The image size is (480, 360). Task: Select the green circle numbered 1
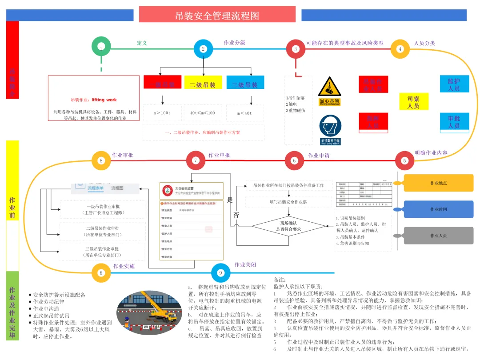101,47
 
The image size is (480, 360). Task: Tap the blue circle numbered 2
203,49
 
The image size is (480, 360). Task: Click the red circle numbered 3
296,49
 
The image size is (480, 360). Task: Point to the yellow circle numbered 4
400,49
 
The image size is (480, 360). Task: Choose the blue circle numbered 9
220,273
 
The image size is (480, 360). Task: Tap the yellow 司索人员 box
413,102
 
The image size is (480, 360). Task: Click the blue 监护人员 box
454,84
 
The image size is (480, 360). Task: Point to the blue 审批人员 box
454,121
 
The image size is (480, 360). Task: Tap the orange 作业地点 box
438,183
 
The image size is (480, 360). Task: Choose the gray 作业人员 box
438,236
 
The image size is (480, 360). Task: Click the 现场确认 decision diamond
288,226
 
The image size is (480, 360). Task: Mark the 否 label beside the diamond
236,215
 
